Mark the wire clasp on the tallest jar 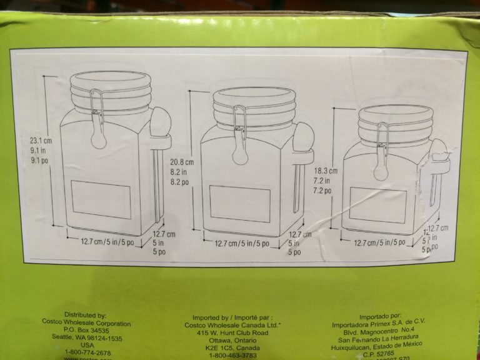(x=97, y=119)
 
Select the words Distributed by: (x=85, y=316)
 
